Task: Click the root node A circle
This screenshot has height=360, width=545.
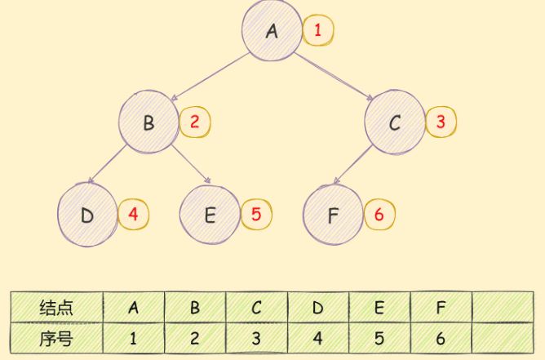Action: click(x=272, y=31)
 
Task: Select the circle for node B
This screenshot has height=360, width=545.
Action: click(x=148, y=123)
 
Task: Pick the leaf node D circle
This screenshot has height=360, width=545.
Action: click(x=87, y=216)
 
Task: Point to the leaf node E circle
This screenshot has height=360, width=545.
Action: click(x=210, y=216)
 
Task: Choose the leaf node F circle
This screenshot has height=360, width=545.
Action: click(x=332, y=216)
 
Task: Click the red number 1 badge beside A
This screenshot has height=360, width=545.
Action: click(x=318, y=32)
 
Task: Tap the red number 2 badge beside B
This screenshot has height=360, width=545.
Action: click(x=195, y=122)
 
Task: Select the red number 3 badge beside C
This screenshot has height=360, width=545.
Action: click(x=441, y=122)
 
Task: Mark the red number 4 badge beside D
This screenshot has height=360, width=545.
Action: click(x=134, y=215)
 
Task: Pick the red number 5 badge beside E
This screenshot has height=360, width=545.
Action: click(x=256, y=215)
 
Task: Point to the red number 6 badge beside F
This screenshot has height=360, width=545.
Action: click(x=379, y=215)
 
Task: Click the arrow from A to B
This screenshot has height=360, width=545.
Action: click(x=212, y=77)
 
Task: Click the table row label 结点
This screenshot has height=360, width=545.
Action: click(x=56, y=308)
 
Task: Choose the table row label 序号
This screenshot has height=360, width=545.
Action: click(x=56, y=336)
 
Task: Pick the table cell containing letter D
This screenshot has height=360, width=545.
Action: click(x=318, y=308)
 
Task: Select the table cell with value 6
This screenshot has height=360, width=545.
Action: click(x=441, y=336)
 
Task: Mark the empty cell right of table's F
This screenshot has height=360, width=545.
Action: click(x=503, y=308)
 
